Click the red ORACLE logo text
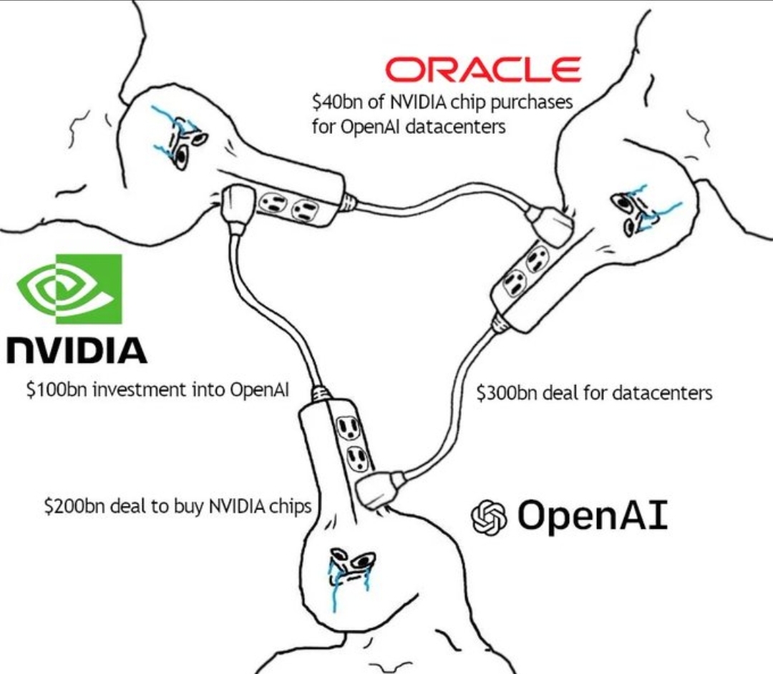[483, 69]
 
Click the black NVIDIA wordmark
[77, 350]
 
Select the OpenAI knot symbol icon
[488, 517]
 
